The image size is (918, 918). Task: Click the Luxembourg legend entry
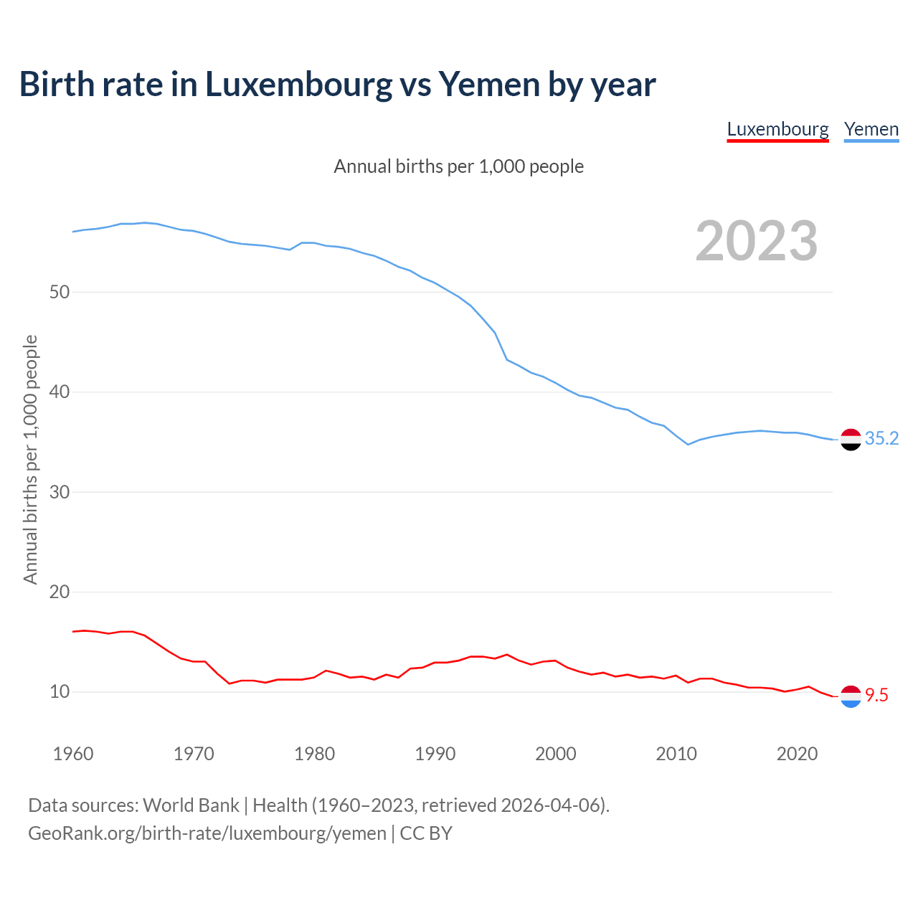click(777, 130)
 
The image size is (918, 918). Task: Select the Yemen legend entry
click(871, 130)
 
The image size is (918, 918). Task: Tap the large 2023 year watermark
click(757, 241)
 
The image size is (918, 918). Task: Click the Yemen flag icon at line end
click(851, 439)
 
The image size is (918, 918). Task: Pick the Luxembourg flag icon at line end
click(851, 696)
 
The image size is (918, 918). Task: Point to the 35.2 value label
click(881, 438)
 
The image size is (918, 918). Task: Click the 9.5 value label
click(876, 695)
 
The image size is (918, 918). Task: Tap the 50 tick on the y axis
click(60, 292)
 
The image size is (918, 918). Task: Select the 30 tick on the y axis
click(60, 492)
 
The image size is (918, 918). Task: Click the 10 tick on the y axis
click(60, 692)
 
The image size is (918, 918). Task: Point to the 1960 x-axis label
click(73, 754)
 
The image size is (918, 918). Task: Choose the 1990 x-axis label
click(435, 754)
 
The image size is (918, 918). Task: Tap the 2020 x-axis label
click(797, 754)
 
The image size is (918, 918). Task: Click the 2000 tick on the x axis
click(556, 754)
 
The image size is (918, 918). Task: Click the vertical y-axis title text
click(30, 459)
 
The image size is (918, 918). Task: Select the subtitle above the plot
click(458, 166)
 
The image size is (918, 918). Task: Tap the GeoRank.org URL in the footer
click(207, 833)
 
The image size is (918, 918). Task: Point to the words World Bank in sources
click(191, 805)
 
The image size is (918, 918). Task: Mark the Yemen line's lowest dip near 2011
click(688, 445)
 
